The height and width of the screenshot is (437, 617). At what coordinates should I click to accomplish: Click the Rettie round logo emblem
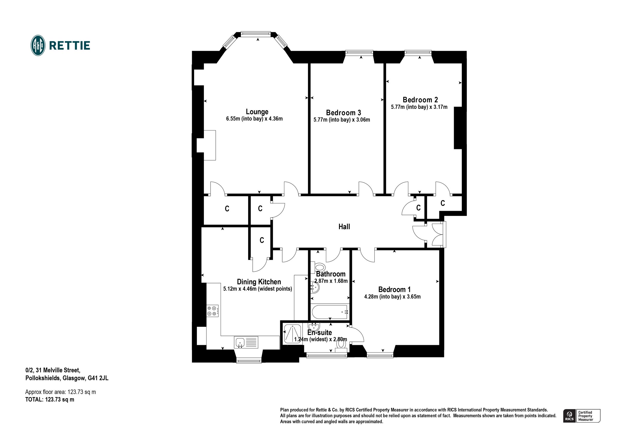click(38, 45)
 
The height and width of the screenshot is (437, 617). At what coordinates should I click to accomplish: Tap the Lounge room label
click(257, 111)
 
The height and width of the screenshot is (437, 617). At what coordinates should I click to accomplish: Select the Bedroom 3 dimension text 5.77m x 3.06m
click(342, 120)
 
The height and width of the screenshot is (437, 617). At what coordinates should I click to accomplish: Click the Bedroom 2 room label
click(420, 100)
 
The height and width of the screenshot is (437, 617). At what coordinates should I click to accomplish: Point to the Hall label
click(344, 226)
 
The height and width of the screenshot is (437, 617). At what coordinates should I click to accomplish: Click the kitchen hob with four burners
click(212, 311)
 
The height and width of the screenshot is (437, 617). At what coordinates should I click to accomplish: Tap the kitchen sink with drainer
click(58, 342)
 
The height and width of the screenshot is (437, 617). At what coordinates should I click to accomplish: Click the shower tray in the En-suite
click(292, 334)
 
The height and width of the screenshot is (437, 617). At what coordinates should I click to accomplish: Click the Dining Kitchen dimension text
click(257, 289)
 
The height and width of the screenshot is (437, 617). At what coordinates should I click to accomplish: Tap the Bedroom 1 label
click(394, 290)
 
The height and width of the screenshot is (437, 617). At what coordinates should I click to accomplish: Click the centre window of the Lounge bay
click(256, 34)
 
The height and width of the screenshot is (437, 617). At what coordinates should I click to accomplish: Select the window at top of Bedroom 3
click(359, 53)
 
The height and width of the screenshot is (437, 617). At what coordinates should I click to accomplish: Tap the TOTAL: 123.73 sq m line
click(50, 400)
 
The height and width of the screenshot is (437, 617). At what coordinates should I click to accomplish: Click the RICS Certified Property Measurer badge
click(581, 416)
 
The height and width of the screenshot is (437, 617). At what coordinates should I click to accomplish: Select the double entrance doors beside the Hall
click(439, 235)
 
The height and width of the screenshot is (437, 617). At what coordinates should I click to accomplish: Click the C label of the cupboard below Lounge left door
click(227, 209)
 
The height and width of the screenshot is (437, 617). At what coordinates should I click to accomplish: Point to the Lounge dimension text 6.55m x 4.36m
click(254, 119)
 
